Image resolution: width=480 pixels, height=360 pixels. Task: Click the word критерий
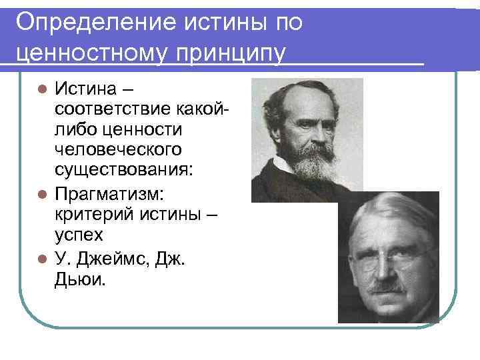coord(89,217)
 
